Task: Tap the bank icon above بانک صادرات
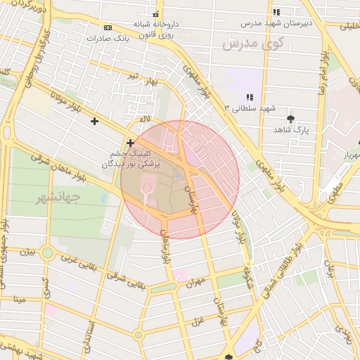point(108,27)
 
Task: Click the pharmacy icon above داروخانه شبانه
point(156,14)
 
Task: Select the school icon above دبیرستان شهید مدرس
point(276,12)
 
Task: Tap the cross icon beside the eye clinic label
point(130,143)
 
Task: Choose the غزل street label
point(198,322)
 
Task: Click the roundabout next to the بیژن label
point(48,252)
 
